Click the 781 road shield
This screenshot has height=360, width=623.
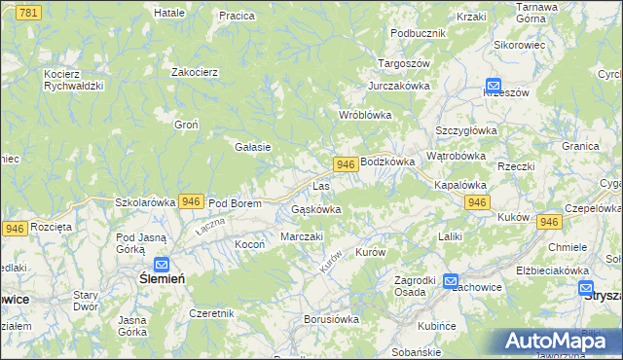(29, 12)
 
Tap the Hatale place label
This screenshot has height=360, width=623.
(169, 13)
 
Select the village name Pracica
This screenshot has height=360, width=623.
(237, 16)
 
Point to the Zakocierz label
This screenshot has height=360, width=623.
(194, 72)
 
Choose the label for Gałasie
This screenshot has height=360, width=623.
(252, 147)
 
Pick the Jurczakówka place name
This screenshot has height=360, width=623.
(399, 86)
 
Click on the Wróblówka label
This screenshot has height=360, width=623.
(364, 115)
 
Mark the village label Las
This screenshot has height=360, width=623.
(321, 185)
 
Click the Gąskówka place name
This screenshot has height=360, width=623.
(316, 209)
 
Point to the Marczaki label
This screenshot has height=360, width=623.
(302, 236)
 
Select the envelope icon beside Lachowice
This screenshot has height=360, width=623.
(451, 281)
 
